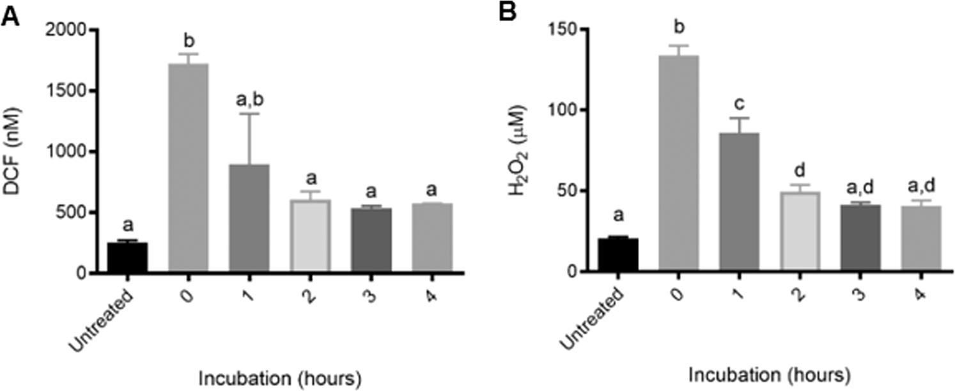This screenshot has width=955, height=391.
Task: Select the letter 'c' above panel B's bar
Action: [x=740, y=103]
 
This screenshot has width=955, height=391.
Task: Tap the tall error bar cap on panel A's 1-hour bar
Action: [x=250, y=114]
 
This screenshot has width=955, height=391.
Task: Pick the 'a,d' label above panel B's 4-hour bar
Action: [x=920, y=186]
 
